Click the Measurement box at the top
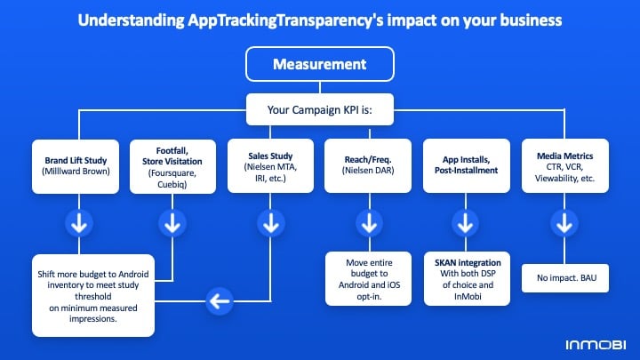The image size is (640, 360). point(320,64)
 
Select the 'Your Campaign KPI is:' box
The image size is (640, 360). point(320,109)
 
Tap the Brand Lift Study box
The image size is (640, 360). point(76,166)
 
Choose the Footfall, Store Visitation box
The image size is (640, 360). point(172,166)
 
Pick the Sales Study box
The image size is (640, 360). point(270,165)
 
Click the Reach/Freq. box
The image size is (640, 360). point(368,165)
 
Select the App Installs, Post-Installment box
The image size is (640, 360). point(467,165)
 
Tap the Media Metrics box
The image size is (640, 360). point(565,165)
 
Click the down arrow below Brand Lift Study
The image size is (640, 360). point(79,223)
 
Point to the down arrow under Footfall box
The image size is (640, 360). point(172,223)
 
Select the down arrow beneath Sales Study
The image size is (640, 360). point(270,223)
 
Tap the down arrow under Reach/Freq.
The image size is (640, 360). point(370,223)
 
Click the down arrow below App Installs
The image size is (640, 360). point(465,223)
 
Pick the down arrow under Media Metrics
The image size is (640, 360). point(564,223)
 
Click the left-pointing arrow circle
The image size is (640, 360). point(220,301)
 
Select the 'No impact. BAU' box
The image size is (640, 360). point(565,278)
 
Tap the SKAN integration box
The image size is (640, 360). point(467,279)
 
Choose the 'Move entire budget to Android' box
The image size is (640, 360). point(369,279)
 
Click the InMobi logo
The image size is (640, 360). point(596,345)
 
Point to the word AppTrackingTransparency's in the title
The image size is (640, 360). point(285,20)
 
